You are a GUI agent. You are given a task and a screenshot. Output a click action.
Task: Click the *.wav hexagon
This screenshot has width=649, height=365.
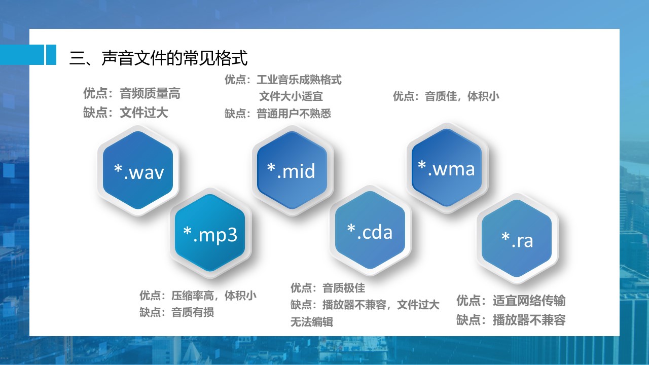(138, 170)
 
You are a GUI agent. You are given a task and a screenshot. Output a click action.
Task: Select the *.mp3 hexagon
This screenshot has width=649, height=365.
(210, 233)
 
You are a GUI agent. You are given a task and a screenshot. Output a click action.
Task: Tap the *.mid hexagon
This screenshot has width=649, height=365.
(292, 170)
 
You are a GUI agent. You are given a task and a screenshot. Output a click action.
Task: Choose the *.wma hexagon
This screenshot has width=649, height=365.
(447, 168)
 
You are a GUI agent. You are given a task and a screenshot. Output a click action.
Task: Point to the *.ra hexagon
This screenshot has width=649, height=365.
(517, 239)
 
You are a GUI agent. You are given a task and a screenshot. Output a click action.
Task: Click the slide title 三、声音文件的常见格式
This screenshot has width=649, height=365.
(159, 58)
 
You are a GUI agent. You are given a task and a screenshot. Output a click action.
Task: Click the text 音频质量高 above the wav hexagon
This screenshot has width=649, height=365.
(150, 94)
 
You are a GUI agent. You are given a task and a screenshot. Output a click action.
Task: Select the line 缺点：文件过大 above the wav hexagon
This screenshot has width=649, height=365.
(126, 113)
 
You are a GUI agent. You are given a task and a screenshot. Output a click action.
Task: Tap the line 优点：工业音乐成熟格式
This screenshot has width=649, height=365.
(283, 80)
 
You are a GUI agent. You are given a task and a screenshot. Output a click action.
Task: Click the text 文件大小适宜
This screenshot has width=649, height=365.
(291, 96)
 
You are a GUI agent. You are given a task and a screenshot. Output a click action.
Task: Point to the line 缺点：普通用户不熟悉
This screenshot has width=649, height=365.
(278, 114)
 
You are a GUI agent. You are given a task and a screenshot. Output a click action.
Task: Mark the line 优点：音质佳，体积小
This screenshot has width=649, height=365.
(446, 96)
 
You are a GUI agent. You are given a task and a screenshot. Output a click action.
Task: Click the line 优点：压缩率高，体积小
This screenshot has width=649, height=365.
(198, 296)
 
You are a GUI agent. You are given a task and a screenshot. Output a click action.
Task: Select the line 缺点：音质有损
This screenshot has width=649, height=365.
(177, 312)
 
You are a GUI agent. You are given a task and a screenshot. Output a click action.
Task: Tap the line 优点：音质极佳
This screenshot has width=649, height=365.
(328, 288)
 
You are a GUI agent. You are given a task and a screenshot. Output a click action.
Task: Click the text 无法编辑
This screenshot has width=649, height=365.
(312, 322)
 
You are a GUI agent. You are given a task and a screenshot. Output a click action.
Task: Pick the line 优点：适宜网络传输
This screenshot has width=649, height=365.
(511, 301)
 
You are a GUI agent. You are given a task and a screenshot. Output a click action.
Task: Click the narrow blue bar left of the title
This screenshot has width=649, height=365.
(51, 54)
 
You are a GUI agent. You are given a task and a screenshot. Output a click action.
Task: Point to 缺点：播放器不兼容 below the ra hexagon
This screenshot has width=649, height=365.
(511, 320)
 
